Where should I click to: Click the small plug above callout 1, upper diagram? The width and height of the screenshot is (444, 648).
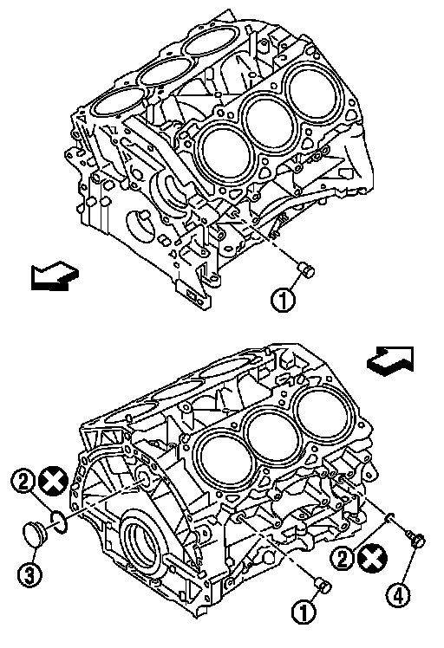coord(306,269)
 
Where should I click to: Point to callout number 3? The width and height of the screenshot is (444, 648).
coord(29,573)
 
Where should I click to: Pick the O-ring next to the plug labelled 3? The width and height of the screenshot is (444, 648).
coord(59,521)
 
